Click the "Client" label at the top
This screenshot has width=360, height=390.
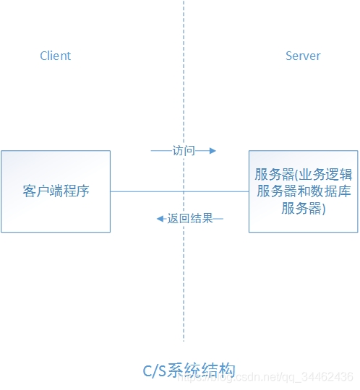(56, 56)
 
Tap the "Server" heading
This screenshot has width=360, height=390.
(303, 56)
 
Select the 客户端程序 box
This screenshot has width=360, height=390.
(56, 191)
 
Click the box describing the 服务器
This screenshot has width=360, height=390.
(303, 191)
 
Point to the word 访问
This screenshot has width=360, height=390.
(184, 151)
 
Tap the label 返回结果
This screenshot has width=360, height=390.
(190, 218)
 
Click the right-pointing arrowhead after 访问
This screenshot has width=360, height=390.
(212, 151)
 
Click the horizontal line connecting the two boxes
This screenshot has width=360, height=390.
(145, 191)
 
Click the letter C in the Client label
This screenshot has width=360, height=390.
(43, 56)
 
